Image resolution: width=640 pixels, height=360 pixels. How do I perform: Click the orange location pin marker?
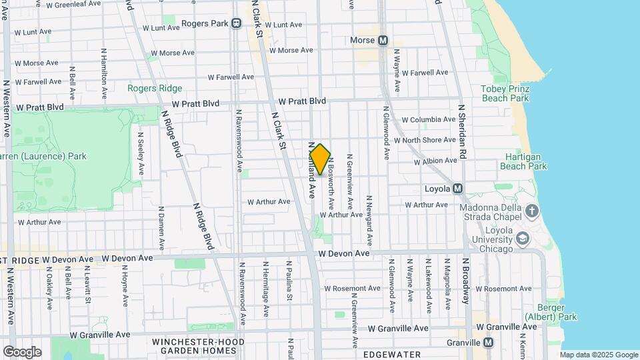click(320, 159)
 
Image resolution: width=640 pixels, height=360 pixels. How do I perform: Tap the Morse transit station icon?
click(383, 41)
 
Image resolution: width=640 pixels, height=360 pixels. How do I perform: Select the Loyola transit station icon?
click(457, 189)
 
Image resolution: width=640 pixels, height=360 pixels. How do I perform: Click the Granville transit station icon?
click(489, 342)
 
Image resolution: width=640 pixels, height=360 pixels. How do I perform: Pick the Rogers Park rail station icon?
click(236, 23)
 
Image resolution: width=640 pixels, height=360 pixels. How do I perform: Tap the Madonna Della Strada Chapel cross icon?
click(531, 212)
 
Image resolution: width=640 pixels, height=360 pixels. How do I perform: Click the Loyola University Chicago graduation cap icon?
click(523, 238)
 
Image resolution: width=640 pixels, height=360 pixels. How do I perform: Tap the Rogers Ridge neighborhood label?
click(154, 87)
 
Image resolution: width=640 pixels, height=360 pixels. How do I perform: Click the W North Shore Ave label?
click(425, 140)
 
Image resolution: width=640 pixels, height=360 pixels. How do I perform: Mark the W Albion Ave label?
click(435, 161)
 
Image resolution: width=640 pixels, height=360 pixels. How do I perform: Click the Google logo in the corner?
click(22, 352)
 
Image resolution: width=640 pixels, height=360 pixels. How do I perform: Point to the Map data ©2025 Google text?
click(599, 355)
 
